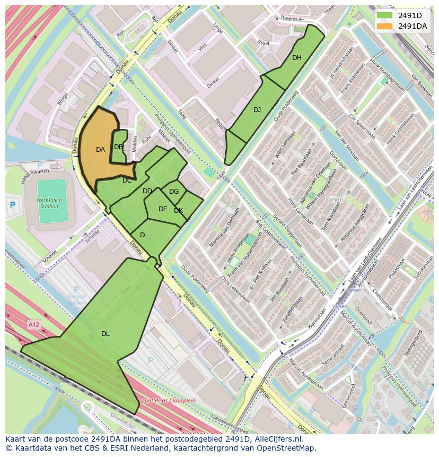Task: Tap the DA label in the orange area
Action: pos(100,150)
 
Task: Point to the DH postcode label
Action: pos(296,58)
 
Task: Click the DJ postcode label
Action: pos(257,110)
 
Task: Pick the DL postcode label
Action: pos(106,333)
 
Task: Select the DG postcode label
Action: pos(174,192)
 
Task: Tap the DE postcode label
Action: pos(163,209)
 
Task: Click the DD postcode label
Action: pos(147,191)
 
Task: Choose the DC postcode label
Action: pos(127,180)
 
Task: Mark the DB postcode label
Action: pos(118,147)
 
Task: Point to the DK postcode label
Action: pos(178,211)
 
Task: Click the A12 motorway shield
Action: pos(34,324)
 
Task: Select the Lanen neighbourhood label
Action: pos(334,199)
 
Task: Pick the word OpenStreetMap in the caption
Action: pos(287,448)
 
